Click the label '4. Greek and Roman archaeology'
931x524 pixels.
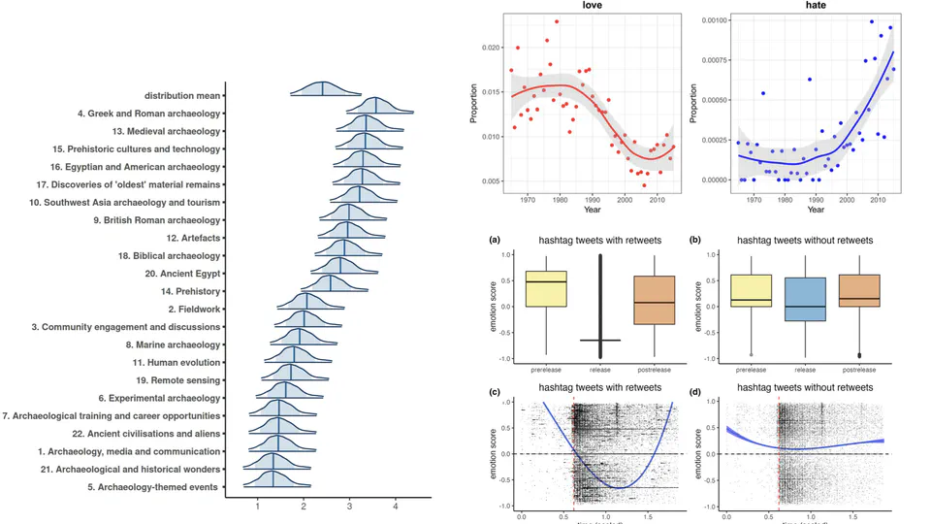click(x=148, y=114)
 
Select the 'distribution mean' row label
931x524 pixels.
click(x=182, y=95)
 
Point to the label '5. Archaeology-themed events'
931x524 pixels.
click(x=152, y=486)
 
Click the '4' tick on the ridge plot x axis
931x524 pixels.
click(x=395, y=507)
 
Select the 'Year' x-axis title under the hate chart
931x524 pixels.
click(x=816, y=209)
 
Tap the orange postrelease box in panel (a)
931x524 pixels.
click(x=656, y=300)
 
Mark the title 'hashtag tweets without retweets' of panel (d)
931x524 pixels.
click(x=805, y=387)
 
